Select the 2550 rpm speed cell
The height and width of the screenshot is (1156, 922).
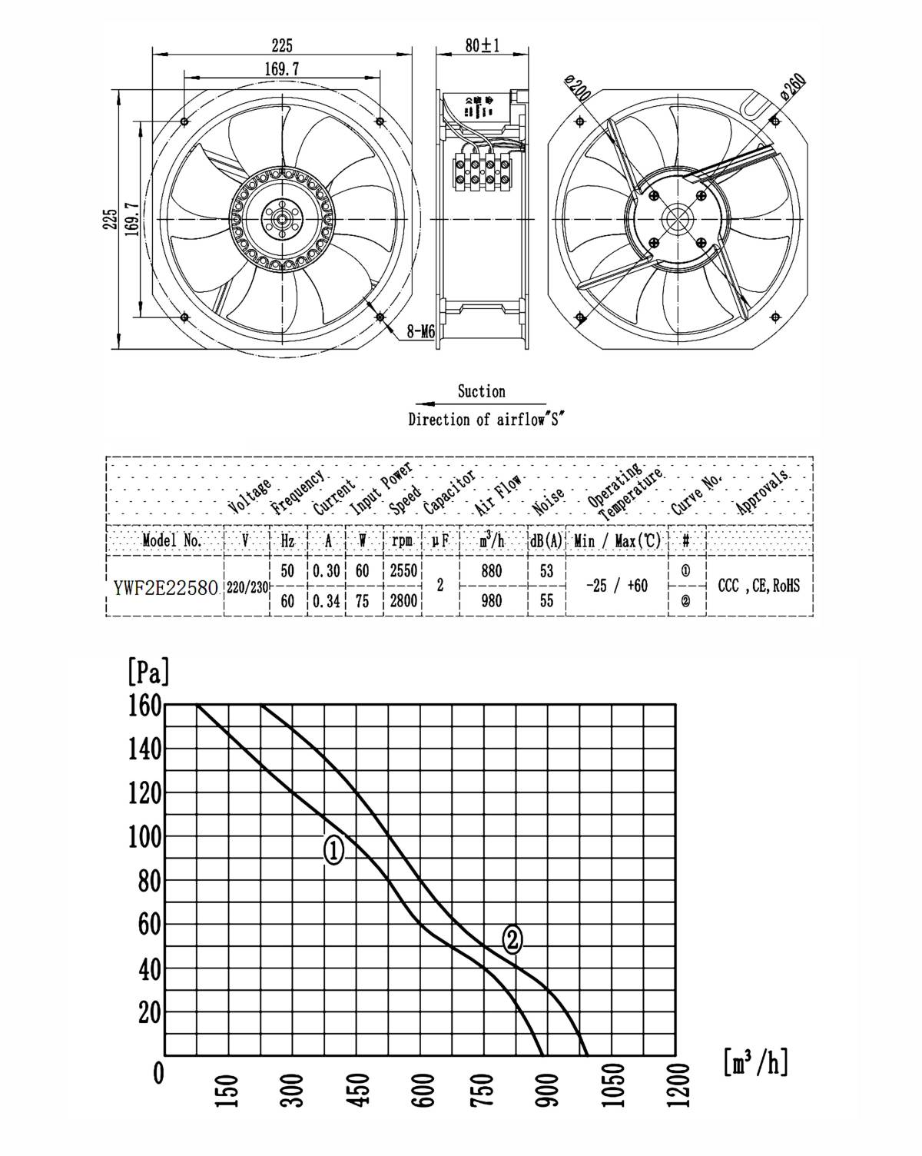(403, 571)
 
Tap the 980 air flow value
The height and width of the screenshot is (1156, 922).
(492, 601)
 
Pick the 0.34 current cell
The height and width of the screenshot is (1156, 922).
(327, 601)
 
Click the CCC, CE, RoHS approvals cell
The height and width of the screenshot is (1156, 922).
(758, 586)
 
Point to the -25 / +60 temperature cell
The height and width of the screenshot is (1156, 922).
(616, 586)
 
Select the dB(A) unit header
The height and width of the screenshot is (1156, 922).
(546, 541)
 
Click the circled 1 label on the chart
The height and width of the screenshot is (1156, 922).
(333, 851)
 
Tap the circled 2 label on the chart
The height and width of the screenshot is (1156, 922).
(512, 938)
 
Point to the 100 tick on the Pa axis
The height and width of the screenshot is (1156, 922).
(144, 837)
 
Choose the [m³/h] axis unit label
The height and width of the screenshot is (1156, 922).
(755, 1063)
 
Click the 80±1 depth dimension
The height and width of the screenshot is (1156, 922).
(482, 45)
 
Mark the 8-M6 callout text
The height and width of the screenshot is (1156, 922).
(420, 332)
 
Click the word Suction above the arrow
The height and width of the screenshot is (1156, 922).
(481, 391)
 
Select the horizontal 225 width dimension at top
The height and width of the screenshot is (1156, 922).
(281, 46)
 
